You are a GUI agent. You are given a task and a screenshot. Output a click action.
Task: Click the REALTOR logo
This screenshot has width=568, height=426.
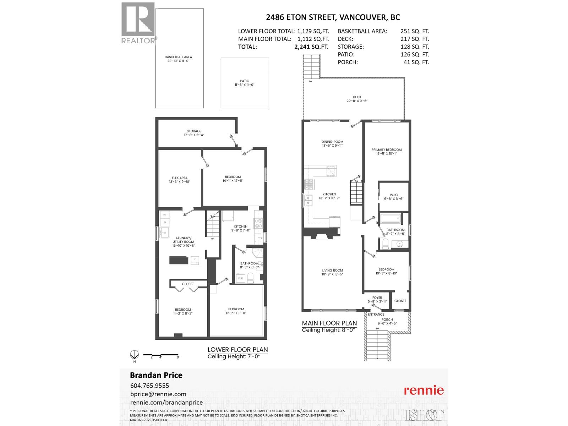click(x=138, y=23)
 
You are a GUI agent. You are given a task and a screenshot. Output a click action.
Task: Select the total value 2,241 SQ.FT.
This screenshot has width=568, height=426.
click(x=311, y=47)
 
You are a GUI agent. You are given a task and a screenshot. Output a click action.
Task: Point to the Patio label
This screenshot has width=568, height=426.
click(x=244, y=83)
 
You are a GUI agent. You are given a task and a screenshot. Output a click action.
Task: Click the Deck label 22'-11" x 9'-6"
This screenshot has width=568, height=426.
click(x=357, y=99)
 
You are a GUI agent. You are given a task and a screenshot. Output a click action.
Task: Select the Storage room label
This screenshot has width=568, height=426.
click(x=194, y=133)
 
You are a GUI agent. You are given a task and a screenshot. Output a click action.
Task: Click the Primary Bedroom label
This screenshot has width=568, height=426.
click(x=386, y=152)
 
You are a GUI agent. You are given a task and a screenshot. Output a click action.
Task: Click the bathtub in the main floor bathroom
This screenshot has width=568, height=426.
click(x=390, y=218)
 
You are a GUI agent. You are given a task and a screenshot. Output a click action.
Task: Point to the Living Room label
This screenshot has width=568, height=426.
click(x=333, y=272)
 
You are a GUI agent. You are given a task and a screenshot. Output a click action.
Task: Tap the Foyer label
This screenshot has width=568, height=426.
click(x=377, y=300)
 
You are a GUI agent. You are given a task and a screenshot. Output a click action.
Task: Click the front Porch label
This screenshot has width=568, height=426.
click(x=387, y=321)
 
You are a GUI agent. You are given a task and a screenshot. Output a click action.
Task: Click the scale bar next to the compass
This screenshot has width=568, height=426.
click(x=160, y=355)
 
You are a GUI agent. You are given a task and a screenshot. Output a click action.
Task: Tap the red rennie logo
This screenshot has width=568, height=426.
click(x=424, y=390)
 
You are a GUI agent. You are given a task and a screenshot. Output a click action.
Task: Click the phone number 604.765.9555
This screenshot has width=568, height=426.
click(x=149, y=386)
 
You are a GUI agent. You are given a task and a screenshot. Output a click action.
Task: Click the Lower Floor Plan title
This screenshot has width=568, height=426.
click(x=237, y=349)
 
